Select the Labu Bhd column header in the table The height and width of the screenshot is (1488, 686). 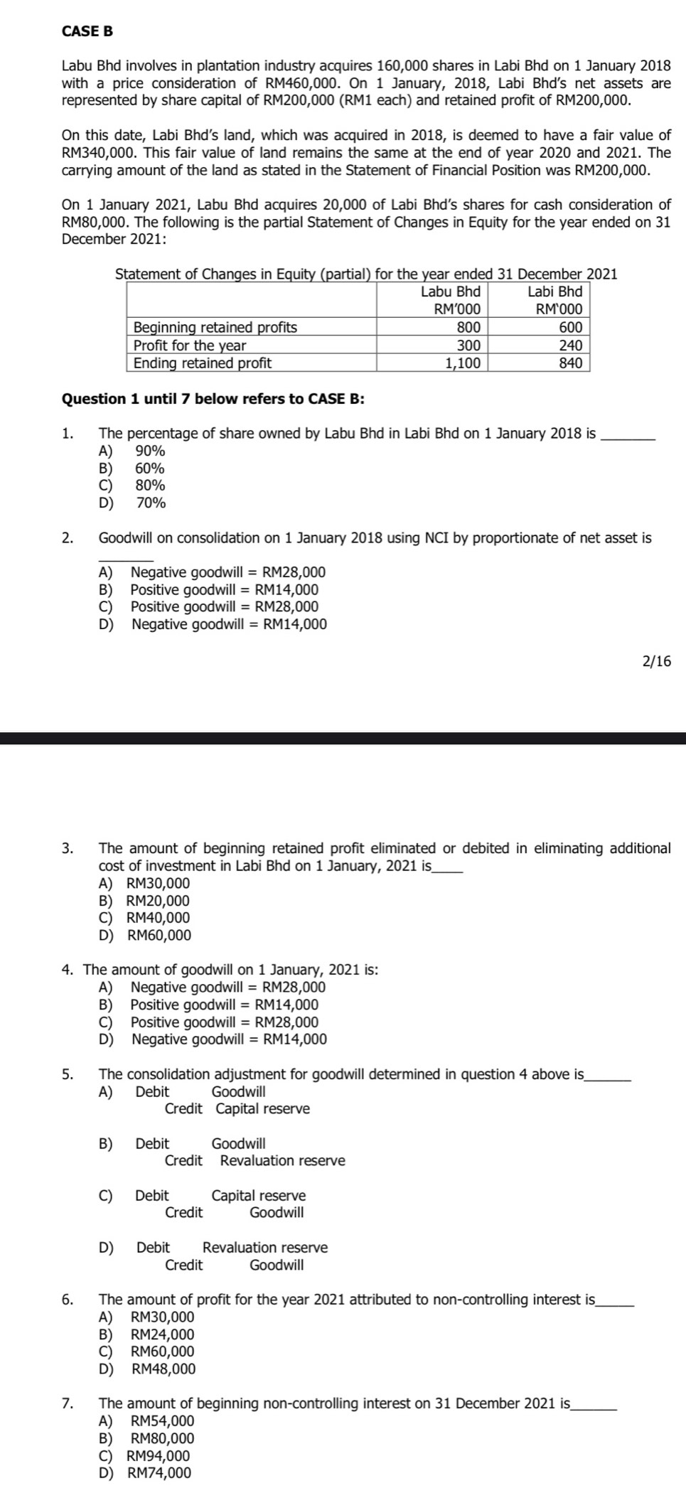(450, 291)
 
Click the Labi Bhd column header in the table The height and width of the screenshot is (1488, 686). (555, 291)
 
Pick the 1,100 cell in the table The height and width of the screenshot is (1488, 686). (463, 363)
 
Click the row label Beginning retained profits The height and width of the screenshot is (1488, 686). (215, 327)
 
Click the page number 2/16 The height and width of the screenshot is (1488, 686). (655, 662)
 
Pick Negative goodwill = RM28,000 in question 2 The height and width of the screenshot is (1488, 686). (227, 572)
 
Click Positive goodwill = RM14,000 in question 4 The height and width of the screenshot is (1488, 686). (224, 1005)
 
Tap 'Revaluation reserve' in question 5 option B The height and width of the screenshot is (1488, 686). (282, 1161)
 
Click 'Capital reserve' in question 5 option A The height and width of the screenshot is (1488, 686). (262, 1109)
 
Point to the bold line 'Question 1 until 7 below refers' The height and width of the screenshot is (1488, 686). (213, 398)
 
